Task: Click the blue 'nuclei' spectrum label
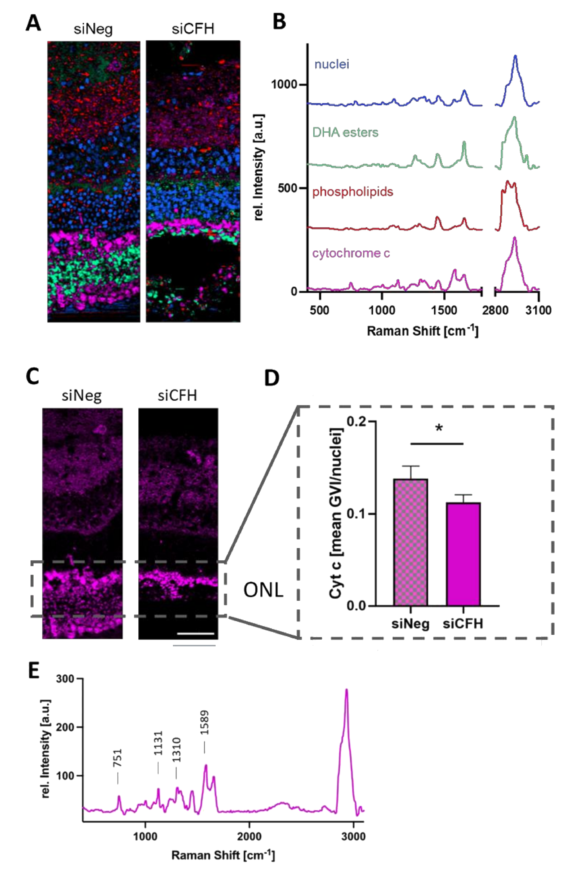tap(331, 65)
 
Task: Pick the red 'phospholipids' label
tap(352, 192)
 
